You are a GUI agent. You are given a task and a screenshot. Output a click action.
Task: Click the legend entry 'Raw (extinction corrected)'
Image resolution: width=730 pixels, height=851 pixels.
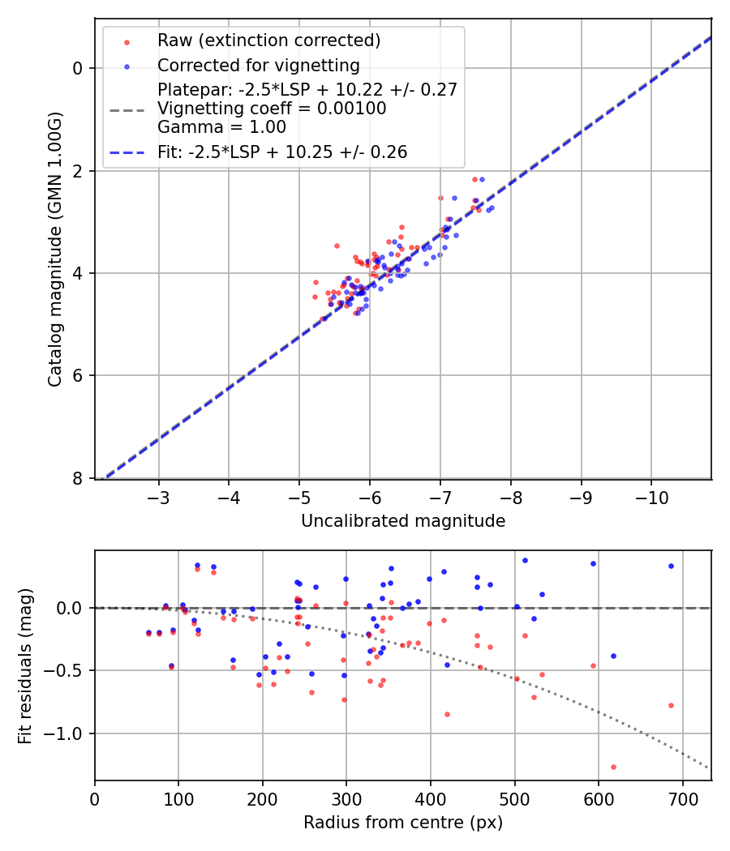point(268,41)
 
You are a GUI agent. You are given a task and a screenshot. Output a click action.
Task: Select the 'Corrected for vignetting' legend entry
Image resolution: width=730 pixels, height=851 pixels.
point(258,66)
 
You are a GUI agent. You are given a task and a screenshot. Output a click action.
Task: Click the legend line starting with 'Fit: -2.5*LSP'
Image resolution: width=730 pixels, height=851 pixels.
point(282,152)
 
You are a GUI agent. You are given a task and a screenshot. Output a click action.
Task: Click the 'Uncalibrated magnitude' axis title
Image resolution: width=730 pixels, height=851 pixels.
point(403,521)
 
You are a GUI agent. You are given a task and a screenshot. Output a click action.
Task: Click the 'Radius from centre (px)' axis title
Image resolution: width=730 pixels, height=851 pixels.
point(403,823)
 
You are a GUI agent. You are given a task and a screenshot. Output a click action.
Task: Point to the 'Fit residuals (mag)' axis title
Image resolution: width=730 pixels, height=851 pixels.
point(26,665)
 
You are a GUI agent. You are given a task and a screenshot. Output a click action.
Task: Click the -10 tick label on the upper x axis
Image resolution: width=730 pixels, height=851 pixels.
point(651,496)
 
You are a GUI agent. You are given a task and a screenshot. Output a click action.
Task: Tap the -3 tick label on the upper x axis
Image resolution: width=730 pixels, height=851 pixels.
point(158,496)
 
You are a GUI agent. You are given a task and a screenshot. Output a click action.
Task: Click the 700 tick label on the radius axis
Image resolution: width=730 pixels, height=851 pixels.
point(682,798)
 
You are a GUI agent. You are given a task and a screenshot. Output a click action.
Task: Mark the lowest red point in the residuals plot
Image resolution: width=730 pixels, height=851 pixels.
point(613,767)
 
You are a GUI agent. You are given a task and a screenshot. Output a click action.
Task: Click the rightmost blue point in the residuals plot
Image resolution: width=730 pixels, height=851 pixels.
point(671,566)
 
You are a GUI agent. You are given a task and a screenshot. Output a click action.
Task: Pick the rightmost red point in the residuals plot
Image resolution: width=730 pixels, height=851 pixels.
point(671,705)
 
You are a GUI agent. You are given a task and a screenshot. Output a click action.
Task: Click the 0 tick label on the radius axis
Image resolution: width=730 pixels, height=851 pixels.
point(95,798)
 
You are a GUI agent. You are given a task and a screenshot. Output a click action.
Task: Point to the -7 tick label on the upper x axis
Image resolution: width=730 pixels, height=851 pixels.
point(440,496)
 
